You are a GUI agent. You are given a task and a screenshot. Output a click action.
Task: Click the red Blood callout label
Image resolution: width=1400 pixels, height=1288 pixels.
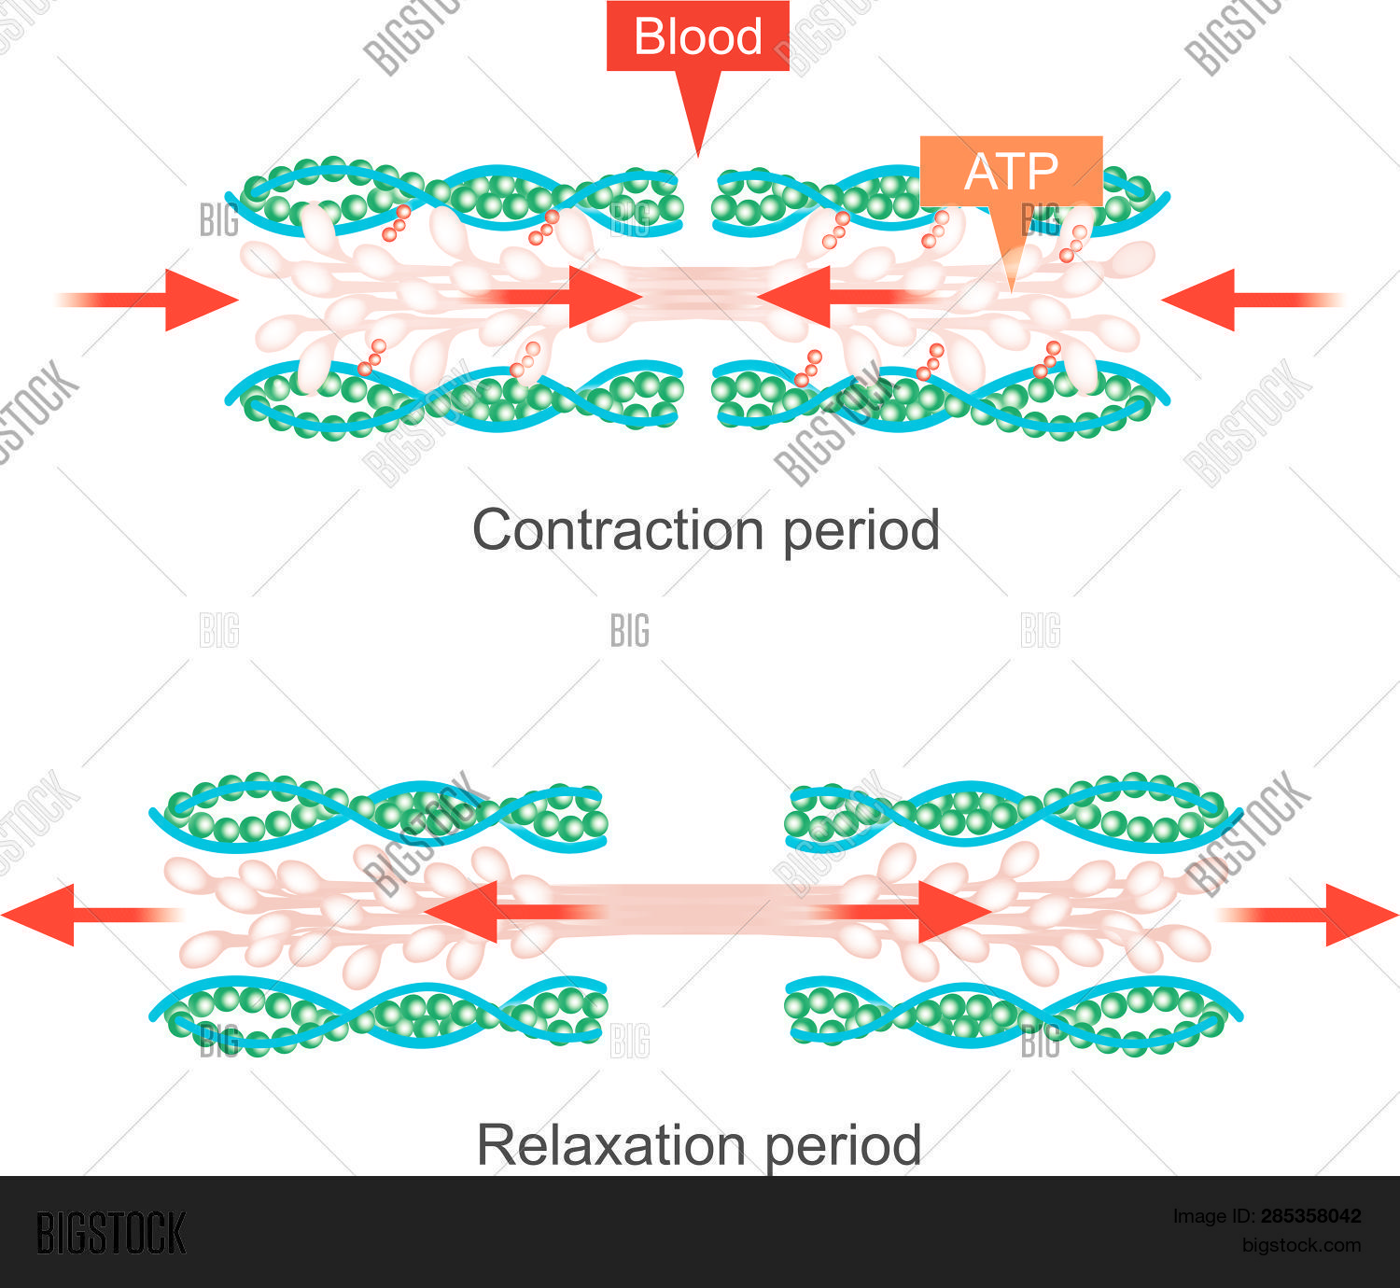pos(697,37)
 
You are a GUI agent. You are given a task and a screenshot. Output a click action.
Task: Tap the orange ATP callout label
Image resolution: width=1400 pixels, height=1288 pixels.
pos(1011,172)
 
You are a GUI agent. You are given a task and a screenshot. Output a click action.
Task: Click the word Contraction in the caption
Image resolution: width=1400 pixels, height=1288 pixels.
pos(617,531)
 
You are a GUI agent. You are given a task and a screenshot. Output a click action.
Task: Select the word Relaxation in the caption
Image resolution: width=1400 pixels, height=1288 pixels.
pos(610,1145)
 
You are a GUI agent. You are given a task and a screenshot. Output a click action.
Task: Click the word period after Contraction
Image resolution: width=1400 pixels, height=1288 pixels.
pos(861,531)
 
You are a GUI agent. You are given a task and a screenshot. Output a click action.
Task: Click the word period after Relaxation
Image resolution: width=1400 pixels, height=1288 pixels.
pos(843,1145)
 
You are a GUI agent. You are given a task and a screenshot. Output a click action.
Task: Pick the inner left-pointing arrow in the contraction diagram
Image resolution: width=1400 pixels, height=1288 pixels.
pos(821,297)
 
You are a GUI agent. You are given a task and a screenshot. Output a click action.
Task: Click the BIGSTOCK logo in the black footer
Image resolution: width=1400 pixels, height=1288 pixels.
pos(111,1234)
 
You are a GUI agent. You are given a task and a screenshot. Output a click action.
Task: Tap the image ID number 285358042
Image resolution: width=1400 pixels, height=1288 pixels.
pos(1310,1216)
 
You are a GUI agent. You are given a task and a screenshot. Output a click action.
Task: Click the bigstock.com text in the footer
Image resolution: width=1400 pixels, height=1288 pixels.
pos(1301,1245)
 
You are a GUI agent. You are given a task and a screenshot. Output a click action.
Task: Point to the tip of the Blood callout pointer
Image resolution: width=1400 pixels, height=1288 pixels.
pos(698,152)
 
